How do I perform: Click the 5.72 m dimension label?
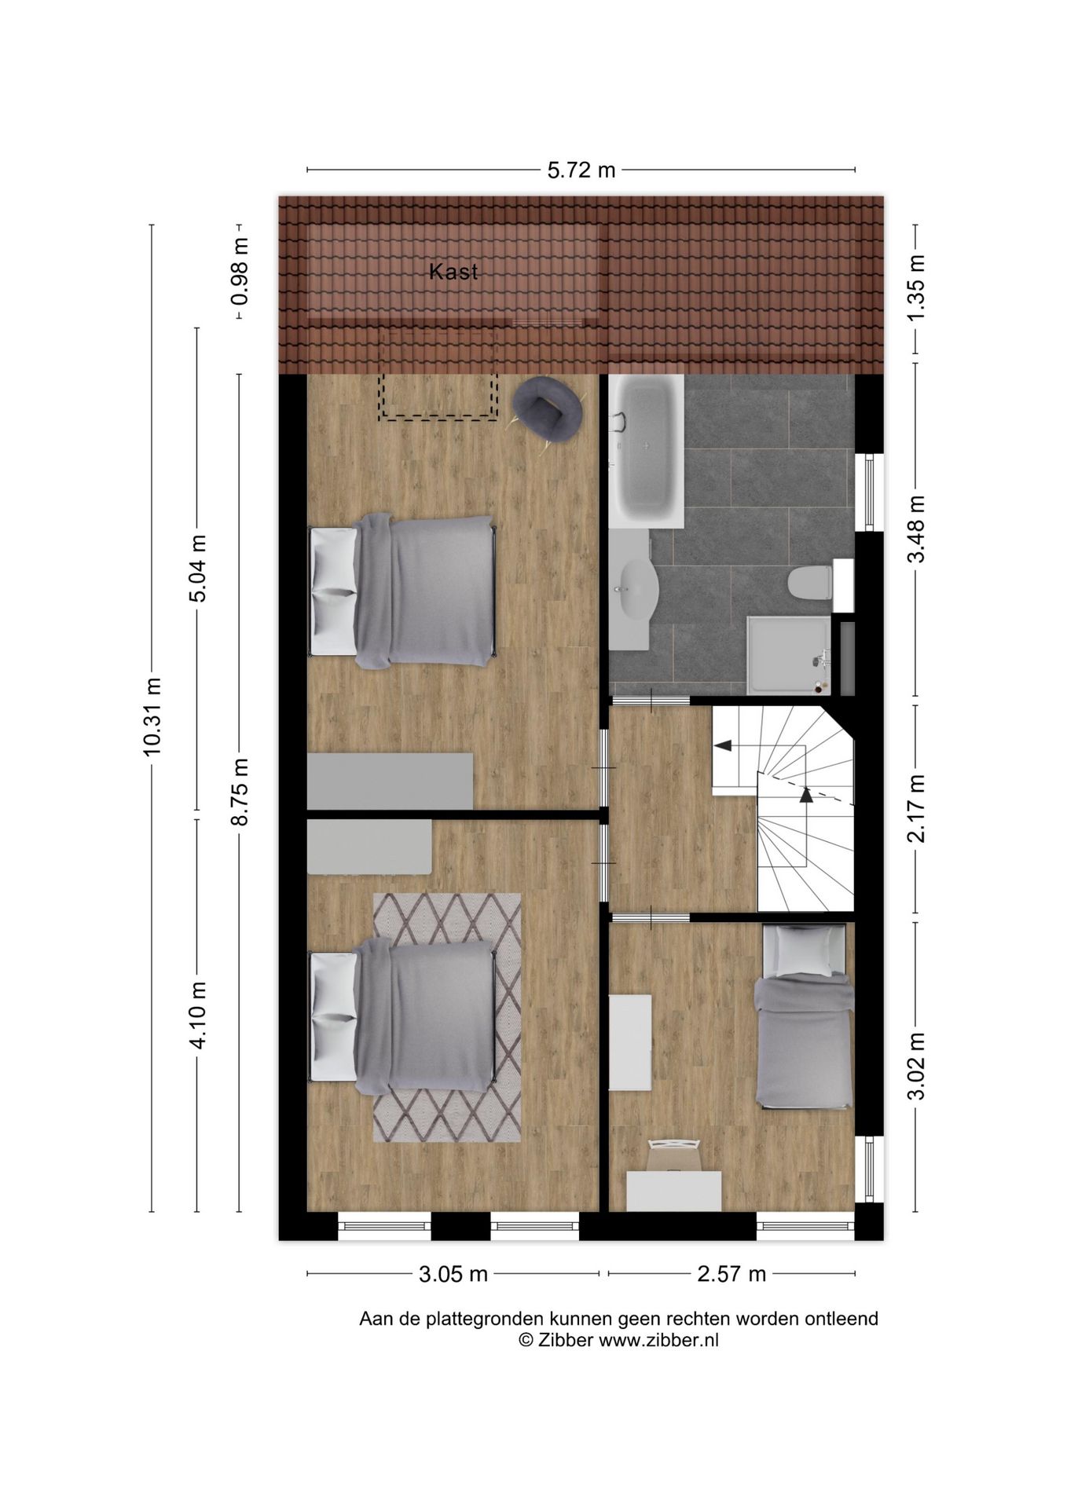(581, 170)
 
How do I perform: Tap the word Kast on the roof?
(453, 272)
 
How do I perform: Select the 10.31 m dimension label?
(152, 716)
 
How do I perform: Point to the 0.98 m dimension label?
(240, 272)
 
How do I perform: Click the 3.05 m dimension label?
(453, 1274)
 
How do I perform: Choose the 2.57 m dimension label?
(731, 1274)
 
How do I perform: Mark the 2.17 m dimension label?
(916, 808)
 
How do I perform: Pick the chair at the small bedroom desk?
(673, 1156)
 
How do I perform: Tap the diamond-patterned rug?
(446, 1017)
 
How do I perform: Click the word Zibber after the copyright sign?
(565, 1340)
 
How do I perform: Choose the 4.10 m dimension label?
(197, 1015)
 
